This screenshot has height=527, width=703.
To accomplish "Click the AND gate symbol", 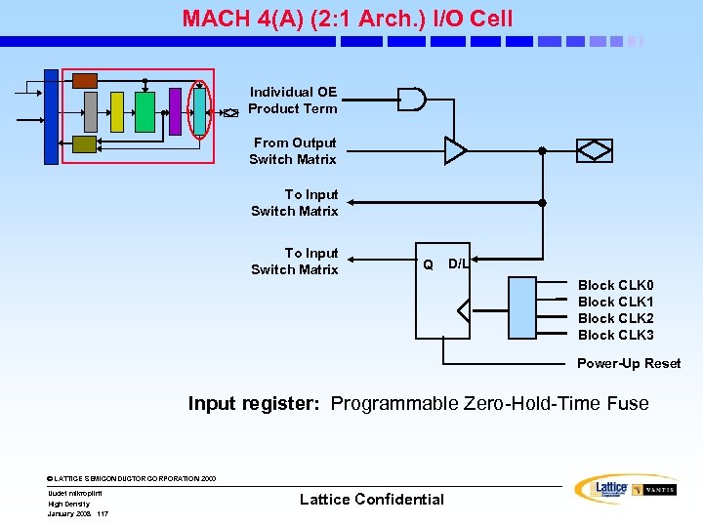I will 411,100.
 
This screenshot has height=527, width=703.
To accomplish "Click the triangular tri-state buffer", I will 455,150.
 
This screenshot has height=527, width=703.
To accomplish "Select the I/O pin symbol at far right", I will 594,150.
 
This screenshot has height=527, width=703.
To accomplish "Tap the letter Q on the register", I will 428,264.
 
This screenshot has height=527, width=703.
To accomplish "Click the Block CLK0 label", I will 615,285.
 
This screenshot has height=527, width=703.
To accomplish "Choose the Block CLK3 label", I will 615,335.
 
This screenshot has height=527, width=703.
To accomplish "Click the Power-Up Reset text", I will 629,363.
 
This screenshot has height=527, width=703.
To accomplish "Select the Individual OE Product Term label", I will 292,101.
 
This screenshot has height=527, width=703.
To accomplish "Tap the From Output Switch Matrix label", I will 293,151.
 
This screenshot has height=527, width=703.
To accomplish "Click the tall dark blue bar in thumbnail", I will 51,117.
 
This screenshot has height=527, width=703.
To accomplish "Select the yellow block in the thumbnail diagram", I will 117,111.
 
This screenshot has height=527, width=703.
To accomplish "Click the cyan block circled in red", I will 200,106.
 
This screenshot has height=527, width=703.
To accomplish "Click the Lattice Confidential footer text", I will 371,499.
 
